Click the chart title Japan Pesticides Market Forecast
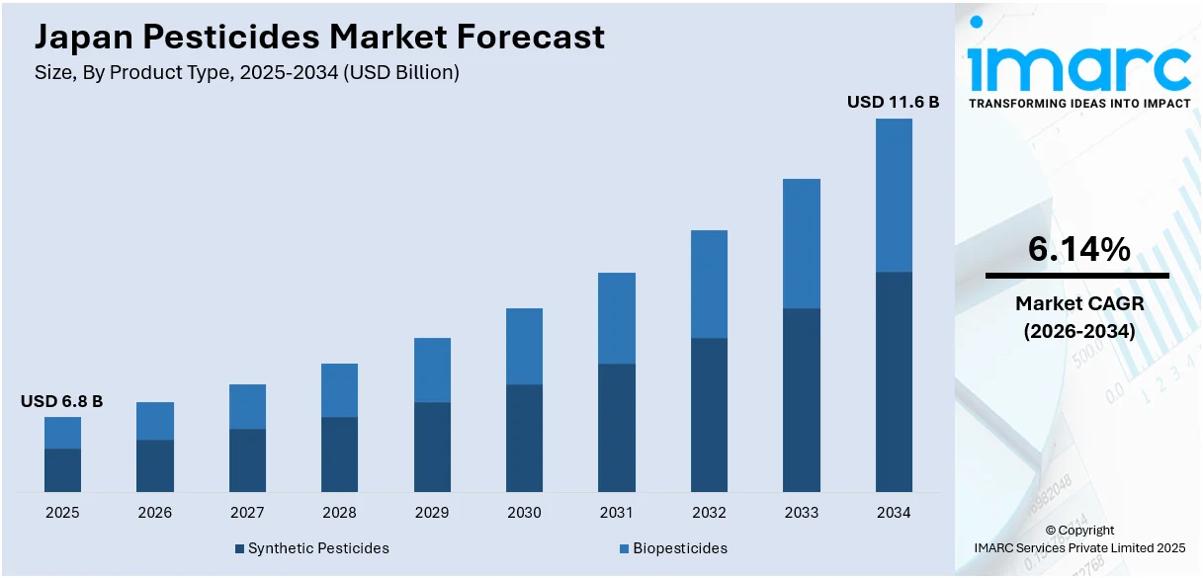pyautogui.click(x=319, y=38)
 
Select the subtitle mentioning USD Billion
pyautogui.click(x=247, y=72)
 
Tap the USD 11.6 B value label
pyautogui.click(x=893, y=102)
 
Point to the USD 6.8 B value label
pyautogui.click(x=62, y=401)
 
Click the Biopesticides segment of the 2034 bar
pyautogui.click(x=894, y=195)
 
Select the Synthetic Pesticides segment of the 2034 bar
pyautogui.click(x=894, y=381)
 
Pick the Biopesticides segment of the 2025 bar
pyautogui.click(x=62, y=433)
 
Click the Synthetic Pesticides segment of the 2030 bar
pyautogui.click(x=524, y=438)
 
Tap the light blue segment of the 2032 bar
pyautogui.click(x=709, y=285)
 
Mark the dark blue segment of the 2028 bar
pyautogui.click(x=339, y=454)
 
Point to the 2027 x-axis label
pyautogui.click(x=247, y=513)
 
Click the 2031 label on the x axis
pyautogui.click(x=617, y=513)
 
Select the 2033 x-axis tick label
pyautogui.click(x=802, y=513)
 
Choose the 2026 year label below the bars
pyautogui.click(x=154, y=513)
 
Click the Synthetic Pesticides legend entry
pyautogui.click(x=312, y=548)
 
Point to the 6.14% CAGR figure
pyautogui.click(x=1078, y=251)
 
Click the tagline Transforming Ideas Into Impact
pyautogui.click(x=1078, y=103)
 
